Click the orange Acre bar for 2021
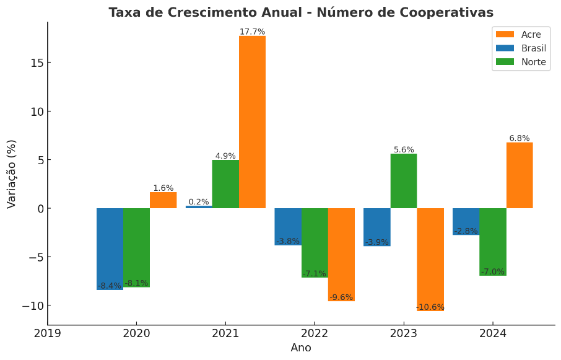252,122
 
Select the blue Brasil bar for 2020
110,248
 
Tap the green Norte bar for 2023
403,181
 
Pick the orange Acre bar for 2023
430,259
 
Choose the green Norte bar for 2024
493,242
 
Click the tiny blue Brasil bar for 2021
199,207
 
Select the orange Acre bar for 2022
341,254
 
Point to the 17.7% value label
252,32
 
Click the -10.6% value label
430,307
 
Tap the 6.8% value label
520,138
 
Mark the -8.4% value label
110,286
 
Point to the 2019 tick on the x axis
48,333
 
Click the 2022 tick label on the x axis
314,333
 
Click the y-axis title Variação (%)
12,173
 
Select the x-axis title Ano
301,348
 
